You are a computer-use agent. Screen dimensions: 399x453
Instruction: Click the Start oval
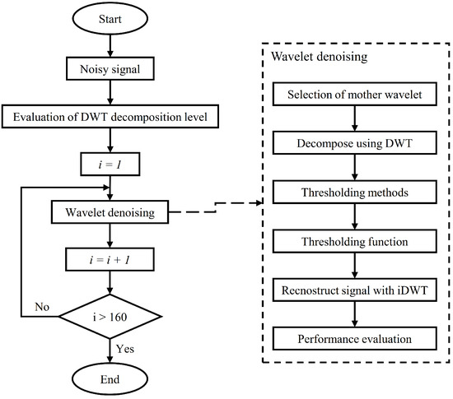(x=110, y=19)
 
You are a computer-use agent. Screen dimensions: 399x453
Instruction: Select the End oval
(x=110, y=381)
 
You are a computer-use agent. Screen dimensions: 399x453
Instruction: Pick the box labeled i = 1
(x=110, y=165)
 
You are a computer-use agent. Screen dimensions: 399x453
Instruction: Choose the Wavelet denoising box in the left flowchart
(x=110, y=213)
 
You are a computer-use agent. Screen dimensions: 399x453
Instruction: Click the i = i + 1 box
(x=110, y=261)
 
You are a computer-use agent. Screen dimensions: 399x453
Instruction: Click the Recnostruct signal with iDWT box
(x=355, y=292)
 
